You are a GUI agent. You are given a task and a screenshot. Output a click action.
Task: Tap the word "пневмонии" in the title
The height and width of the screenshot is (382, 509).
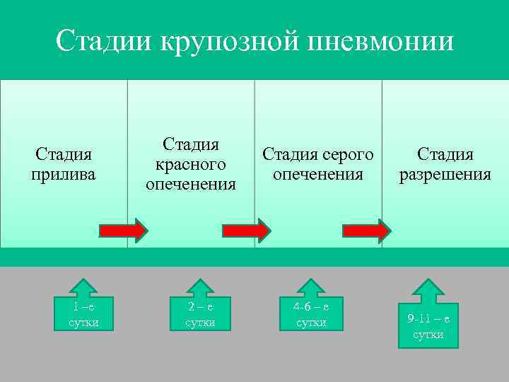tap(380, 41)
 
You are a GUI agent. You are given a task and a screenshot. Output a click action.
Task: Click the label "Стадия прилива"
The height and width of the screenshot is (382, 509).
tap(64, 164)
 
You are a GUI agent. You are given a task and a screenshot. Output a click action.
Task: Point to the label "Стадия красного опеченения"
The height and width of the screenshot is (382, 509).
tap(191, 164)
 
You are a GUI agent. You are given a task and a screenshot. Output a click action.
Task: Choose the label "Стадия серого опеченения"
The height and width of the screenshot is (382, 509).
tap(318, 163)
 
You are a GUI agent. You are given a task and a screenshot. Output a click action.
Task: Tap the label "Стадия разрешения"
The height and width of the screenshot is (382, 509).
tap(445, 164)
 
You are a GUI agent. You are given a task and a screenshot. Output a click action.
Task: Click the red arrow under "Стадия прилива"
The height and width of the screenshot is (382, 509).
tap(123, 231)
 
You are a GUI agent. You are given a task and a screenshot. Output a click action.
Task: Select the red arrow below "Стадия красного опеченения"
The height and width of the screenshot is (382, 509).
tap(246, 231)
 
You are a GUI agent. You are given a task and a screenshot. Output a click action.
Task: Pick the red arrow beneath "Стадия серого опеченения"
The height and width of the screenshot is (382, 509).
tap(366, 231)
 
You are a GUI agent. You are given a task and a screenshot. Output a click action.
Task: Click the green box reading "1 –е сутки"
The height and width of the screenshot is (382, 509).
tap(83, 313)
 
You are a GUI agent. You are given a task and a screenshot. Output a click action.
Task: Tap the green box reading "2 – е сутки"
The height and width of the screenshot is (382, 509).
tap(199, 313)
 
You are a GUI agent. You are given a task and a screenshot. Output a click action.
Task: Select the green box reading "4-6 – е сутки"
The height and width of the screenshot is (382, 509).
tap(312, 313)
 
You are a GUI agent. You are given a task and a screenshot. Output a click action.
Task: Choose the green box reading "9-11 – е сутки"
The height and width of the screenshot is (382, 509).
tap(428, 325)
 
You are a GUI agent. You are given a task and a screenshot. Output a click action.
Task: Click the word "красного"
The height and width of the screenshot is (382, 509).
tap(191, 164)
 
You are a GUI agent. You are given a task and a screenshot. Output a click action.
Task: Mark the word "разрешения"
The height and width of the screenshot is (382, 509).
tap(445, 174)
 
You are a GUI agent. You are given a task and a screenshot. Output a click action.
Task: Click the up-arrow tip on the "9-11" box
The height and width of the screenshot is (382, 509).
tap(428, 281)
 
